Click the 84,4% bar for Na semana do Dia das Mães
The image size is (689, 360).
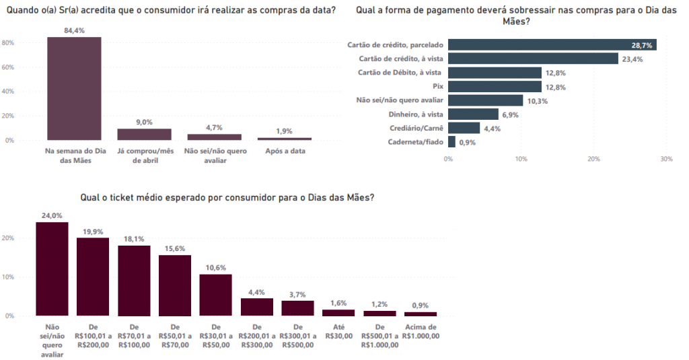[74, 88]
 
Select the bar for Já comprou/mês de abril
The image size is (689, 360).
[144, 134]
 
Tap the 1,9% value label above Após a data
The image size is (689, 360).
[284, 131]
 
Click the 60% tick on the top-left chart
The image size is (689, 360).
[9, 67]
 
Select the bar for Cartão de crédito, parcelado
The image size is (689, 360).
[552, 45]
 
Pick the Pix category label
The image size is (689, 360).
[437, 87]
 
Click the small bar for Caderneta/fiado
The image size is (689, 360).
[451, 142]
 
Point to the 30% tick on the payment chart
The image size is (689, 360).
[666, 159]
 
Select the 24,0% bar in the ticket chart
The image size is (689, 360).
[52, 268]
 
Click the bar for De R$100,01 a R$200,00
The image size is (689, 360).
[93, 277]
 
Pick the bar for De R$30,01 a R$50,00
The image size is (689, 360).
[216, 295]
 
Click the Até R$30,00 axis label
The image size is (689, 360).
[338, 331]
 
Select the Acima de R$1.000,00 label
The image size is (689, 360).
[421, 331]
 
